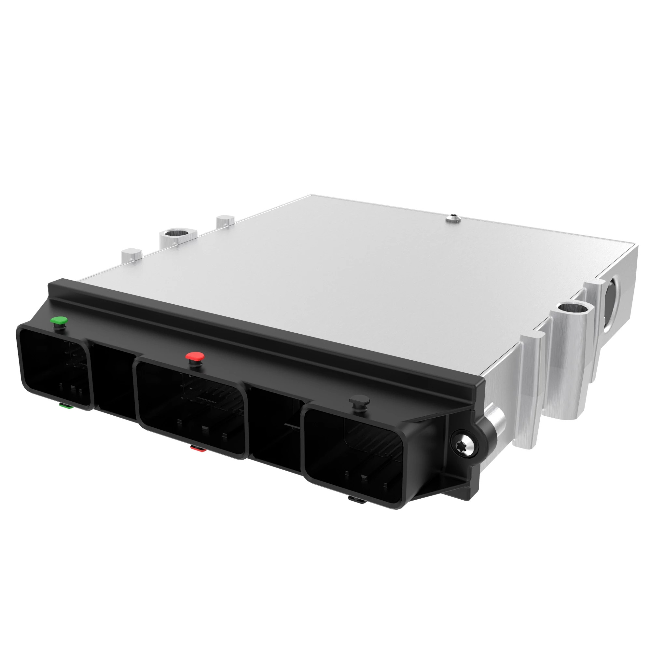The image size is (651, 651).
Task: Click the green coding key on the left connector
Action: coord(59,320)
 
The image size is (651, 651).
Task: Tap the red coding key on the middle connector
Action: coord(195,356)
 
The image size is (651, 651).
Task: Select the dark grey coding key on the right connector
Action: coord(360,401)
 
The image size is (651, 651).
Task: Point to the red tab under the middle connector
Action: coord(198,448)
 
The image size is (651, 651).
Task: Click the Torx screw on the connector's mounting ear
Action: coord(464,446)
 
